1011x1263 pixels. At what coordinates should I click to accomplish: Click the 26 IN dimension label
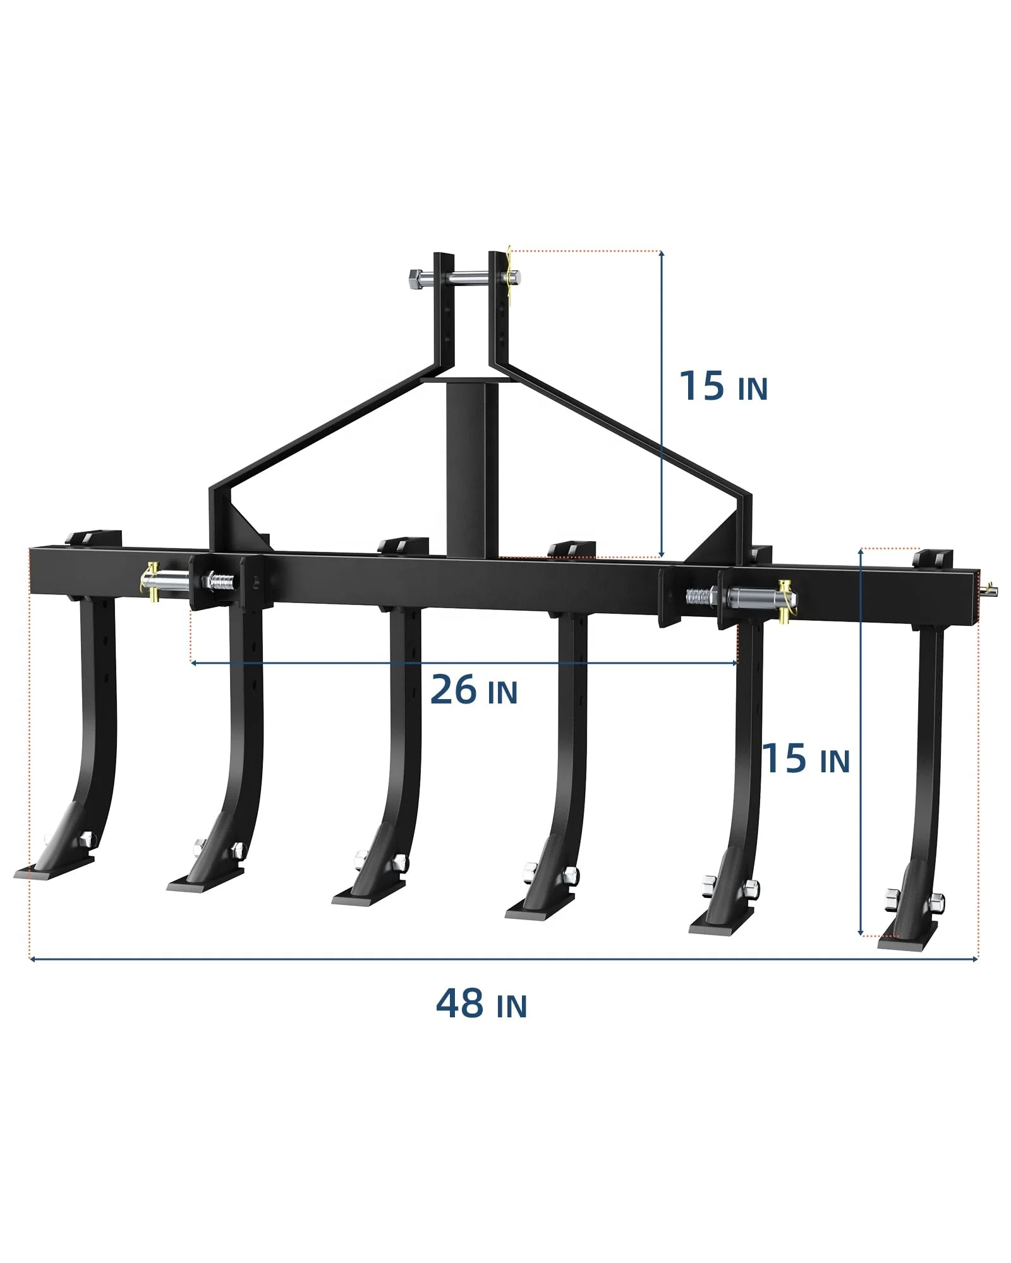tap(473, 690)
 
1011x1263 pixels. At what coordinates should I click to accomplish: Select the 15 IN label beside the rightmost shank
tap(806, 758)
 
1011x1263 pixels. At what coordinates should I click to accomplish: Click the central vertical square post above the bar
tap(466, 467)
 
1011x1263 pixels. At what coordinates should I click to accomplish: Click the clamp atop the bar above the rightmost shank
tap(933, 560)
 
